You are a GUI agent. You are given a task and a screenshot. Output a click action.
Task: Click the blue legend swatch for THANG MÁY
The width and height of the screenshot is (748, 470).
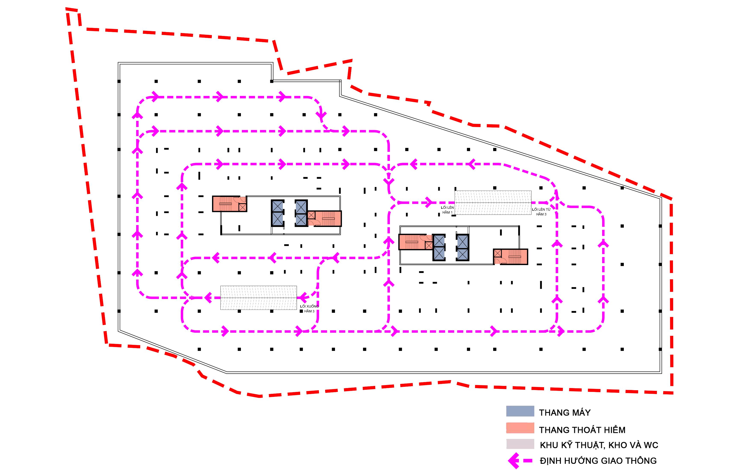click(x=520, y=411)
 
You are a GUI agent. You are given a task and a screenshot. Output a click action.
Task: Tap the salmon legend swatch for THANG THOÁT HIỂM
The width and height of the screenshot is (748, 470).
click(x=520, y=428)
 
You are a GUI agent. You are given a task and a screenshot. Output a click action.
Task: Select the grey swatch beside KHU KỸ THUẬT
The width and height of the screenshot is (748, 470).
click(x=520, y=444)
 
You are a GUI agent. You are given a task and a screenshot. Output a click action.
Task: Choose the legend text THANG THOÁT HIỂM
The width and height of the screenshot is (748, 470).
click(x=582, y=430)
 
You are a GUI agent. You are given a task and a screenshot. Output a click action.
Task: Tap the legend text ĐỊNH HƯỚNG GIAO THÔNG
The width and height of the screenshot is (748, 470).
click(x=598, y=461)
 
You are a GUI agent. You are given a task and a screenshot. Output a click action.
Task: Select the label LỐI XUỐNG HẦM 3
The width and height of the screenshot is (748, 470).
click(x=309, y=309)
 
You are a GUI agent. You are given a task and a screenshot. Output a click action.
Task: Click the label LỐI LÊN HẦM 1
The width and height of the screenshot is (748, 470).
click(x=447, y=210)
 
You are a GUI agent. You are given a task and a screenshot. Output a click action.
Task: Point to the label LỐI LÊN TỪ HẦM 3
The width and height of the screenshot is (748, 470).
click(x=541, y=212)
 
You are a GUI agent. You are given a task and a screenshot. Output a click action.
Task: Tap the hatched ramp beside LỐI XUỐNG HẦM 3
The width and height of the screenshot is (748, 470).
click(x=258, y=298)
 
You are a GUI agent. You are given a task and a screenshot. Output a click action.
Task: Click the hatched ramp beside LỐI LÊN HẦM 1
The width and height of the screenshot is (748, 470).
click(x=493, y=203)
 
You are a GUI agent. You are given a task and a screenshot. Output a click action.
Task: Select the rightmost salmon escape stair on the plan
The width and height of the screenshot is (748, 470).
click(x=511, y=257)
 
